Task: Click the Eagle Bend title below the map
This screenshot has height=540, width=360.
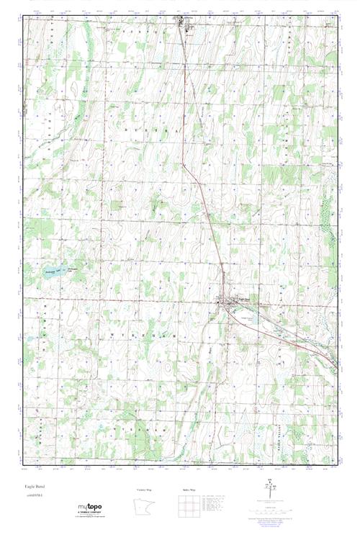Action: (34, 487)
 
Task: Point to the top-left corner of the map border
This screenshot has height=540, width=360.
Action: (23, 17)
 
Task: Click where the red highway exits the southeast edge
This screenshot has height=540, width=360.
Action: (336, 361)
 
